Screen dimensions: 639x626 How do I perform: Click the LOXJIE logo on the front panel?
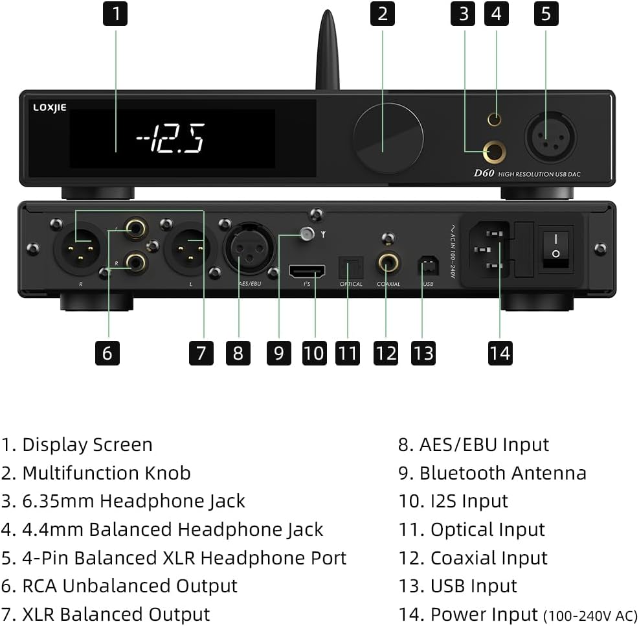[x=50, y=108]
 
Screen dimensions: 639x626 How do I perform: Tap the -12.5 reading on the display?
[x=170, y=138]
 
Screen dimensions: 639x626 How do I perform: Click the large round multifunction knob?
[x=388, y=138]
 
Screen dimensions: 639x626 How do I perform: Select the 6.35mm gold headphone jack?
[x=495, y=152]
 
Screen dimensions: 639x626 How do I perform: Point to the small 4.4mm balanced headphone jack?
[x=495, y=119]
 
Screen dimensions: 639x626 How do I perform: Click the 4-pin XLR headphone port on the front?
[x=550, y=137]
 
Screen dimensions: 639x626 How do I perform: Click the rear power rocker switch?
[x=556, y=249]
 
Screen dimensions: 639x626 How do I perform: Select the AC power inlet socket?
[x=490, y=249]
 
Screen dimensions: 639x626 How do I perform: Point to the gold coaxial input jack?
[x=388, y=263]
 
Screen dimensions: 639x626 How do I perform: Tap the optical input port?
[x=350, y=268]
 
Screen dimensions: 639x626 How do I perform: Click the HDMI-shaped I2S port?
[x=307, y=271]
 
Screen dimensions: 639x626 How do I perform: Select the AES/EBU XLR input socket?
[x=249, y=248]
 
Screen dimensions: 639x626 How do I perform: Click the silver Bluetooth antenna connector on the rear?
[x=308, y=234]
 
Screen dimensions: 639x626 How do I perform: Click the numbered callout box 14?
[x=500, y=353]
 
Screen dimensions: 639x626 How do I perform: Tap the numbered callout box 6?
[x=107, y=353]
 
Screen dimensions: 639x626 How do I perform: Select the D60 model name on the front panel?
[x=484, y=173]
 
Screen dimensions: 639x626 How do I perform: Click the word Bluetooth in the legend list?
[x=463, y=473]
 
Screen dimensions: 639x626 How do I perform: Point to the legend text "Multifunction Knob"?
[x=107, y=473]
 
